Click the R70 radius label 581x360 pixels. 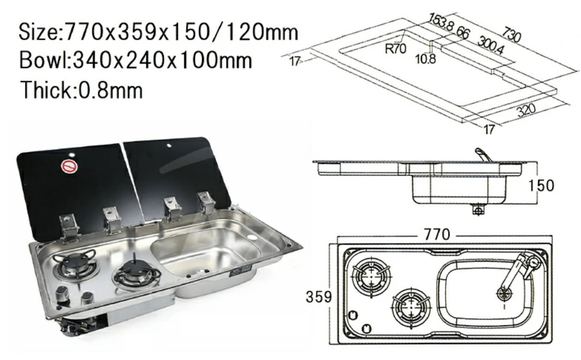[x=396, y=48]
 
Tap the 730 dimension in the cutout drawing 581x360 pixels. [x=512, y=34]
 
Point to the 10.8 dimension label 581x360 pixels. [x=426, y=59]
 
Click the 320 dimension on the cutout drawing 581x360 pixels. [x=526, y=109]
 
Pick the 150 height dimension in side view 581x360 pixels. [x=541, y=185]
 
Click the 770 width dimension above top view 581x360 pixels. [x=437, y=235]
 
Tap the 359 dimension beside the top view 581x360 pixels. [x=319, y=296]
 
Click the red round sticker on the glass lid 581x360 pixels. [x=69, y=166]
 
